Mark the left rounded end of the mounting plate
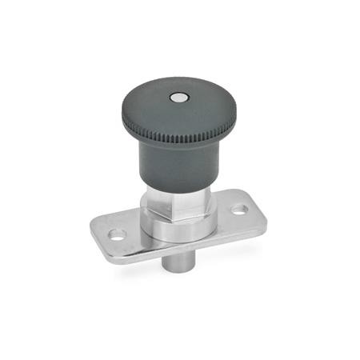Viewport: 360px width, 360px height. (104, 238)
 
